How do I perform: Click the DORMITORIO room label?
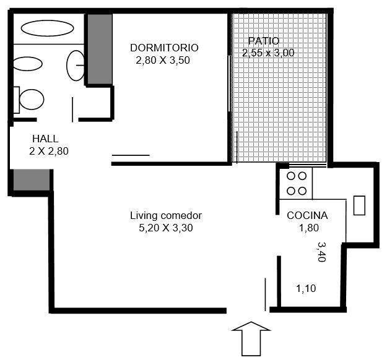[x=164, y=48]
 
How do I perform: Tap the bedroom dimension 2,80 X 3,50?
[x=163, y=60]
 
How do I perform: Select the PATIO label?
[x=264, y=41]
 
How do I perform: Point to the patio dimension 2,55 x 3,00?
[x=268, y=53]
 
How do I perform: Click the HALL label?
[x=45, y=139]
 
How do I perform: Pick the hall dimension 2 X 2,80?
[x=49, y=151]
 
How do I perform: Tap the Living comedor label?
[x=166, y=215]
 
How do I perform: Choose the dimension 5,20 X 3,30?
[x=166, y=228]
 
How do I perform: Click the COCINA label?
[x=307, y=215]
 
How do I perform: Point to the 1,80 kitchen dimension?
[x=309, y=228]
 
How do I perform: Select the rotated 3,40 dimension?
[x=321, y=252]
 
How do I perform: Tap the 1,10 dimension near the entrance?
[x=306, y=288]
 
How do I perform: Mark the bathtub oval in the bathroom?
[x=48, y=28]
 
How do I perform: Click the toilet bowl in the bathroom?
[x=32, y=100]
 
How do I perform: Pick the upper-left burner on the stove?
[x=291, y=176]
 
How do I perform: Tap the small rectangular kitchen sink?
[x=359, y=205]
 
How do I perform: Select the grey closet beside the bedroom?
[x=100, y=49]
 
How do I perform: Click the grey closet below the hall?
[x=32, y=180]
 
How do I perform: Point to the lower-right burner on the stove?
[x=302, y=191]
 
